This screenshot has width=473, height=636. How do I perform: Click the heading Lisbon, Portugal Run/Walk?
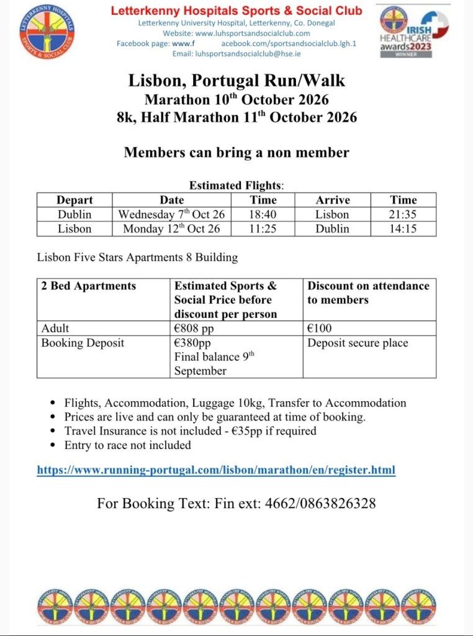coord(236,81)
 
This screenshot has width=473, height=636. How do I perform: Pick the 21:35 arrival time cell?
coord(403,214)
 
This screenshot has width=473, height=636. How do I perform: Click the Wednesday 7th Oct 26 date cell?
coord(172,214)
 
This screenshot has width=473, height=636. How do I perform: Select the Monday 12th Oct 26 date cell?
coord(172,229)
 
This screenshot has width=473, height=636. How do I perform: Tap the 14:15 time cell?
coord(403,229)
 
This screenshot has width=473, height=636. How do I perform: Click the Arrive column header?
coord(333,200)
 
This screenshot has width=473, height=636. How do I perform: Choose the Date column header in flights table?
coord(172,200)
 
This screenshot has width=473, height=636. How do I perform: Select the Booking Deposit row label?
coord(83,343)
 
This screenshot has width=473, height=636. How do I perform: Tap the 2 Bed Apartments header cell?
coord(88,286)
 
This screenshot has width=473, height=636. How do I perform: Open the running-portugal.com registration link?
coord(216,470)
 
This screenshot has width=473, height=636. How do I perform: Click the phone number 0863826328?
coord(339,503)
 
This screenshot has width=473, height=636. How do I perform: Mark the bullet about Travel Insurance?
coord(190,431)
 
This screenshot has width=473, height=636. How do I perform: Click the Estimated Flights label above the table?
coord(236,185)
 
